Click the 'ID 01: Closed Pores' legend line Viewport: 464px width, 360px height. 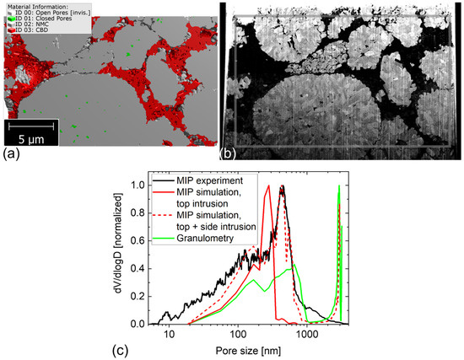point(40,18)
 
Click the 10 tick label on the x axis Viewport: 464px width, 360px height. point(170,335)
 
